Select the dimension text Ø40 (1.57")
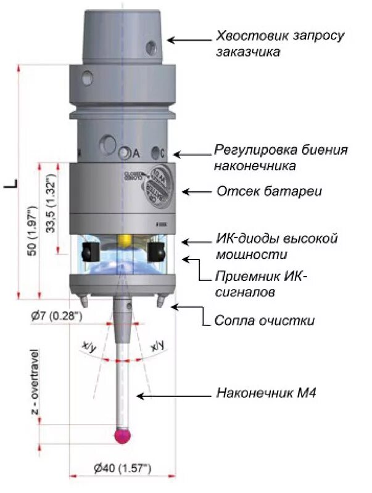[122, 469]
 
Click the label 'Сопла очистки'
[264, 320]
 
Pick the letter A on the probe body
[136, 152]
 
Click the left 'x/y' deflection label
[89, 348]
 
